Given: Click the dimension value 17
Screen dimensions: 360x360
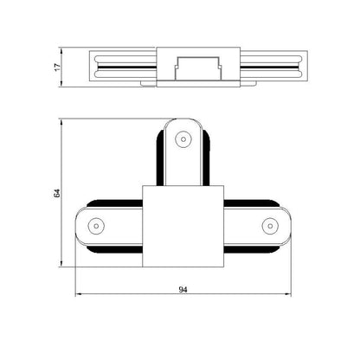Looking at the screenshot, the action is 58,67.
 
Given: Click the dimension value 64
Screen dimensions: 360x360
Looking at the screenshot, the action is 57,193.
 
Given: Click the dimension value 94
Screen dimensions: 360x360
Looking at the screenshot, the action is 183,289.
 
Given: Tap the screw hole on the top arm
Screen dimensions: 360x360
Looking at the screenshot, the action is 183,139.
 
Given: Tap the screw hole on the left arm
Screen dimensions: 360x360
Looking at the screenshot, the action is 96,226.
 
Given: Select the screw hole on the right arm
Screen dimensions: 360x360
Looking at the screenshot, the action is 270,226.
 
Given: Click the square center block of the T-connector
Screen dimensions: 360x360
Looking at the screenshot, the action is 183,226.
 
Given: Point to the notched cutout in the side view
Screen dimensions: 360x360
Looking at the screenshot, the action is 198,68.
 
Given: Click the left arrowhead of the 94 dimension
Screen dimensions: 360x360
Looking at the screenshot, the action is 78,294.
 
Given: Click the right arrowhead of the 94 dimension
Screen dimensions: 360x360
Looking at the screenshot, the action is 288,294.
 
